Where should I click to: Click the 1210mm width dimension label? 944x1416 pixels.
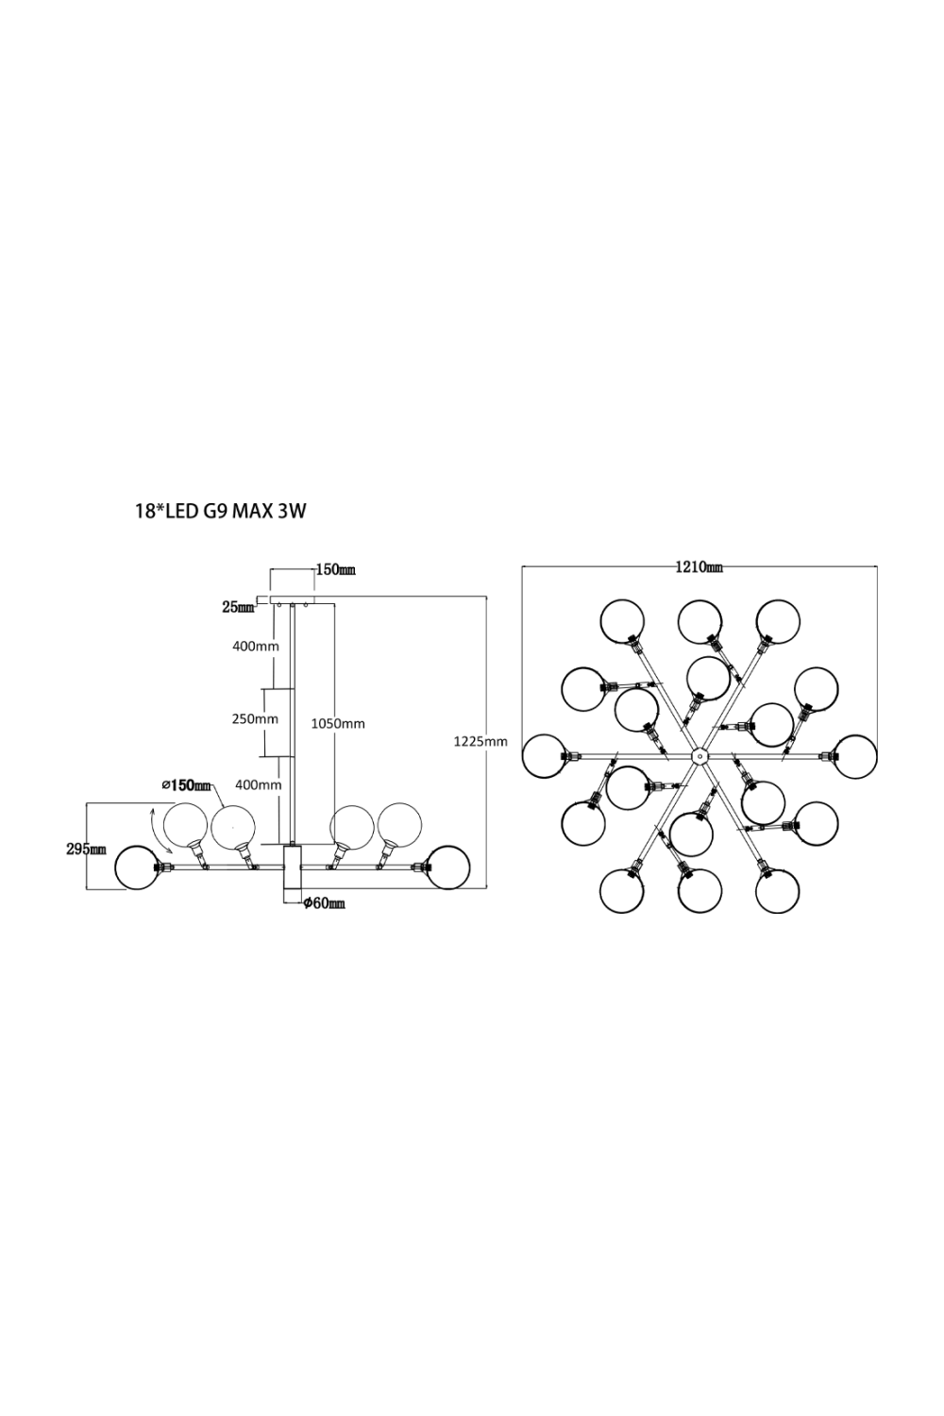click(699, 566)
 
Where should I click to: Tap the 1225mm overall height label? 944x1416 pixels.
click(480, 742)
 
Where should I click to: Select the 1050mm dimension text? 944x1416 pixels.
click(338, 724)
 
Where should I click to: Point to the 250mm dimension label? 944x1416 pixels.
click(256, 718)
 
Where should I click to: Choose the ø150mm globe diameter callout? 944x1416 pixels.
click(186, 785)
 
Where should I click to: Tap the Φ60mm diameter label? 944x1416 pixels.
click(324, 904)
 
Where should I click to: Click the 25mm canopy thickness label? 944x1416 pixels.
click(238, 608)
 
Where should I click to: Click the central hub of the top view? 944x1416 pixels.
click(700, 755)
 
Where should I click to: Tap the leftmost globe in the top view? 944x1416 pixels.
click(545, 755)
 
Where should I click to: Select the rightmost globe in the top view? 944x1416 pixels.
click(855, 755)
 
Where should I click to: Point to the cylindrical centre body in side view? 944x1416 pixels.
click(292, 872)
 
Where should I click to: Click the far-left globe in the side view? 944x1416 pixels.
click(137, 867)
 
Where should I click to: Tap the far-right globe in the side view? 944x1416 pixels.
click(447, 867)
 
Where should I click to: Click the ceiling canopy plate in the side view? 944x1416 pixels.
click(292, 599)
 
